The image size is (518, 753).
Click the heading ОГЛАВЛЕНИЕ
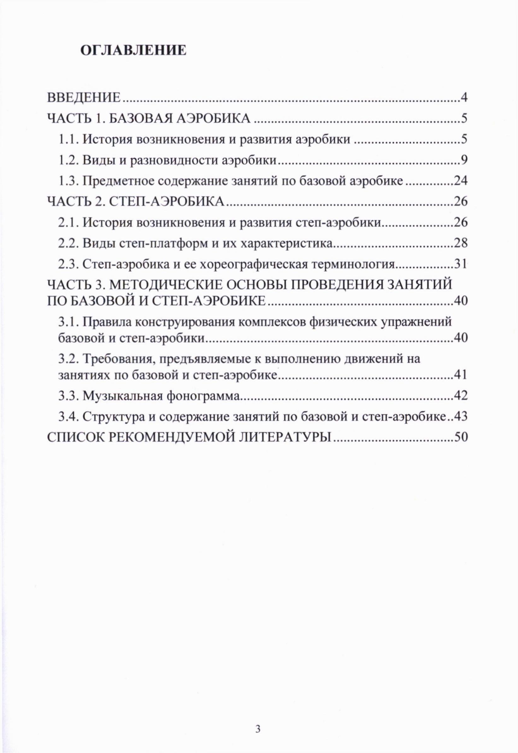coord(133,51)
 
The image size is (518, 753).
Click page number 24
coord(461,181)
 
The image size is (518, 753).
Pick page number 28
coord(461,244)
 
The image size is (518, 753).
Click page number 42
coord(461,396)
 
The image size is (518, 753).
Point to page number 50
coord(461,437)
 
